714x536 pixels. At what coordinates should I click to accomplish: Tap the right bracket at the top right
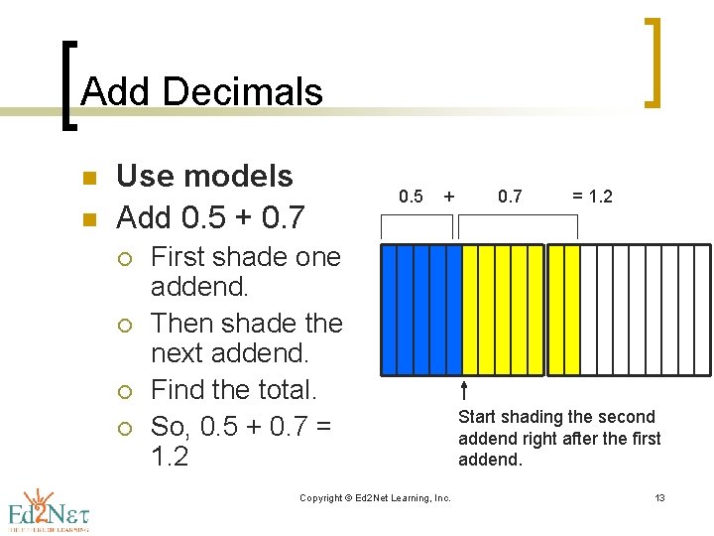pyautogui.click(x=653, y=62)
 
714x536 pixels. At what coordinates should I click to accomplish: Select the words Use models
pyautogui.click(x=204, y=176)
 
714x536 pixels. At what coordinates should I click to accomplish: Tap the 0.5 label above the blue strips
pyautogui.click(x=411, y=197)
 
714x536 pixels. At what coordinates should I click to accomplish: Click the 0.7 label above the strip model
pyautogui.click(x=510, y=197)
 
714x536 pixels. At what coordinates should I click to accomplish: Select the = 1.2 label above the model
pyautogui.click(x=592, y=197)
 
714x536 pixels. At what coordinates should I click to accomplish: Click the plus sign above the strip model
pyautogui.click(x=449, y=197)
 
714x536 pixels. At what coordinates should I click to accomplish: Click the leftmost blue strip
pyautogui.click(x=390, y=310)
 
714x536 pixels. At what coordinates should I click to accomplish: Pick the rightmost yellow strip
pyautogui.click(x=571, y=310)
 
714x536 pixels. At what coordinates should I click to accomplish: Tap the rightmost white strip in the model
pyautogui.click(x=704, y=310)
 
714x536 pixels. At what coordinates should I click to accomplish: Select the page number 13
pyautogui.click(x=659, y=497)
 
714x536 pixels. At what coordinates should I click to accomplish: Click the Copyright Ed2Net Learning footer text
pyautogui.click(x=375, y=497)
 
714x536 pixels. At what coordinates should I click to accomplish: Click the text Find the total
pyautogui.click(x=233, y=390)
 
